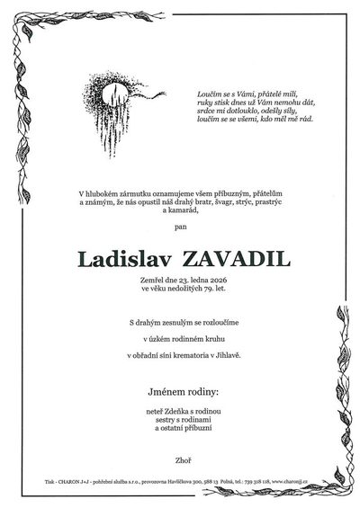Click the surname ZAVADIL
(231, 260)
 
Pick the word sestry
(155, 420)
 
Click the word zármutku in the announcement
(159, 193)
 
